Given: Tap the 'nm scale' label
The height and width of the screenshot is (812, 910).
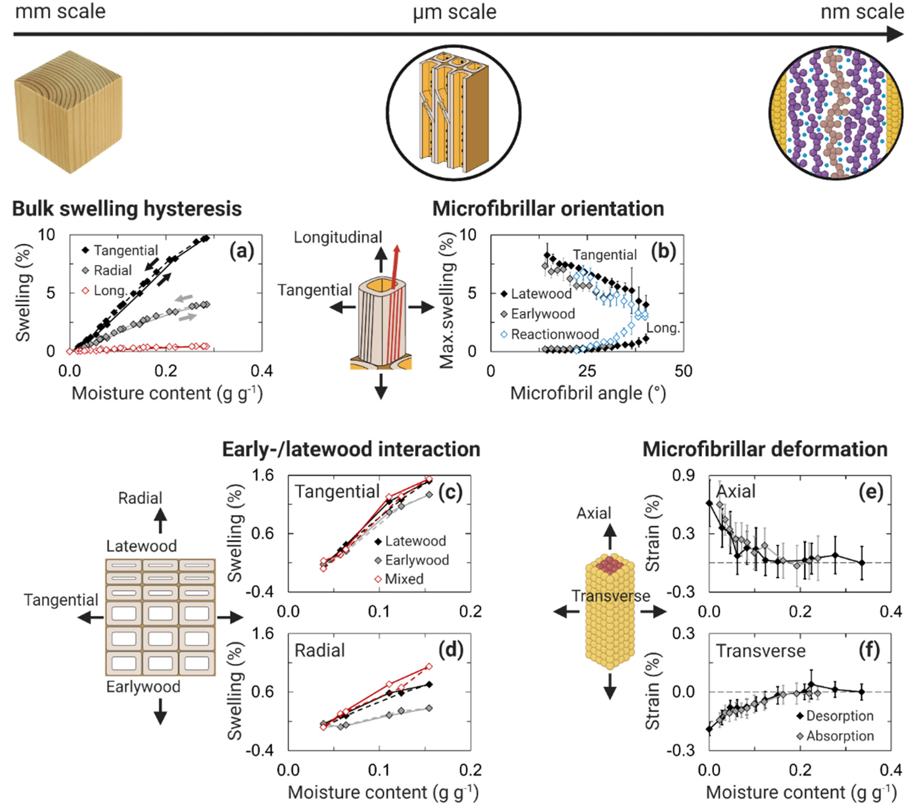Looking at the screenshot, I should pos(862,12).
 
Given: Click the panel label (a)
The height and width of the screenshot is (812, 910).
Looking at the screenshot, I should pos(241,251).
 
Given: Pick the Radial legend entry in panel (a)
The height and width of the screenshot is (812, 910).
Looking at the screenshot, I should pos(112,270).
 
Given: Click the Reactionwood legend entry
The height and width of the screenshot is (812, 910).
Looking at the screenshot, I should pos(554,334).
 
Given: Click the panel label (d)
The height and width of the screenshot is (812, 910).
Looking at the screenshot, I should pos(450,650).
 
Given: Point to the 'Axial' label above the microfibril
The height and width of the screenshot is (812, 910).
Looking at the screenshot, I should pos(593,513).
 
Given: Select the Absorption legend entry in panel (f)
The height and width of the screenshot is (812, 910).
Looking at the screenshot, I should pos(840,736).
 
